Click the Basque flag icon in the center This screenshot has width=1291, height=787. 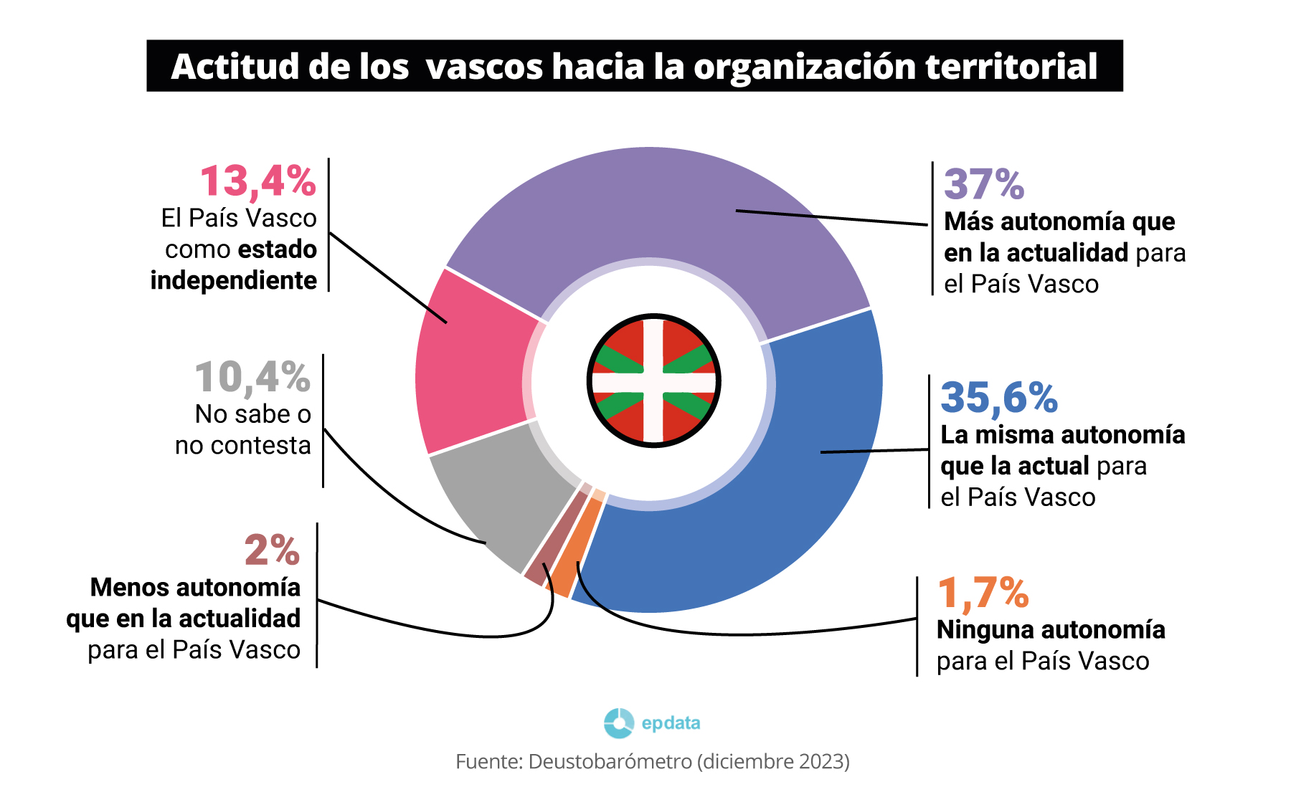pyautogui.click(x=653, y=381)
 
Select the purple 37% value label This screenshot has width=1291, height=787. pyautogui.click(x=983, y=184)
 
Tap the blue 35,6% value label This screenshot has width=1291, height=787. pyautogui.click(x=998, y=398)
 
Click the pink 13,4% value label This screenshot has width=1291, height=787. pyautogui.click(x=257, y=181)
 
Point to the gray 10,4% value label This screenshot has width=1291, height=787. pyautogui.click(x=252, y=378)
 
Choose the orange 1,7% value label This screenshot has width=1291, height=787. pyautogui.click(x=983, y=593)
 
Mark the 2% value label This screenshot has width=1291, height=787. pyautogui.click(x=271, y=550)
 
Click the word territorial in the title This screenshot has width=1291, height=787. pyautogui.click(x=1011, y=66)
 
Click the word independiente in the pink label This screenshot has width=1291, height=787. pyautogui.click(x=233, y=280)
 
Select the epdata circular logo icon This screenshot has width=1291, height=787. pyautogui.click(x=618, y=722)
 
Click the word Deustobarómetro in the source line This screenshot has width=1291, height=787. pyautogui.click(x=610, y=761)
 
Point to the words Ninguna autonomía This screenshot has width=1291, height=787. pyautogui.click(x=1050, y=629)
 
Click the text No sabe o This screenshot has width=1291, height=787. pyautogui.click(x=252, y=414)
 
